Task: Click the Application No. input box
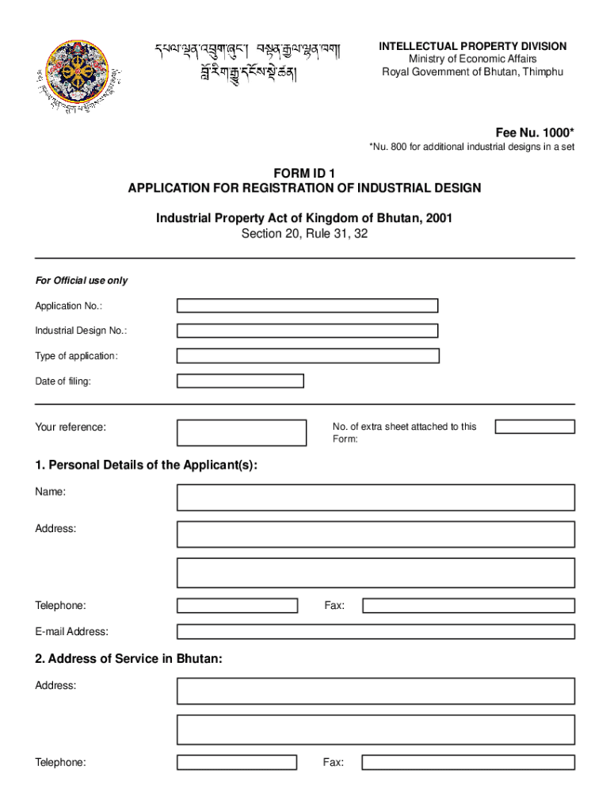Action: [x=307, y=306]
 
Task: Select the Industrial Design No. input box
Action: [x=307, y=331]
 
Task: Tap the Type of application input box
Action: [x=307, y=356]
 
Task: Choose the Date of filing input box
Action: [x=240, y=381]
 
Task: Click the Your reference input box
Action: [x=242, y=433]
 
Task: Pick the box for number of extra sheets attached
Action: [x=535, y=427]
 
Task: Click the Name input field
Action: [x=376, y=497]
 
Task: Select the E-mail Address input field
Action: [x=376, y=632]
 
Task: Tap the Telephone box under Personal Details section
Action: [x=237, y=606]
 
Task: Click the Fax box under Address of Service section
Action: [x=468, y=763]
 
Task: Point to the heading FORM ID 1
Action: [x=305, y=174]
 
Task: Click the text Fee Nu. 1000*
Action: [x=535, y=132]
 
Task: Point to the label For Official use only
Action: [x=81, y=281]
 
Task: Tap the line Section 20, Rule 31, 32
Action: [x=305, y=234]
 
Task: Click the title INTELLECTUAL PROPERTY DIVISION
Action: [x=472, y=47]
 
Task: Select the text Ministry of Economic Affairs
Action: [x=472, y=59]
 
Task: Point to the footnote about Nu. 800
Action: [x=471, y=147]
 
